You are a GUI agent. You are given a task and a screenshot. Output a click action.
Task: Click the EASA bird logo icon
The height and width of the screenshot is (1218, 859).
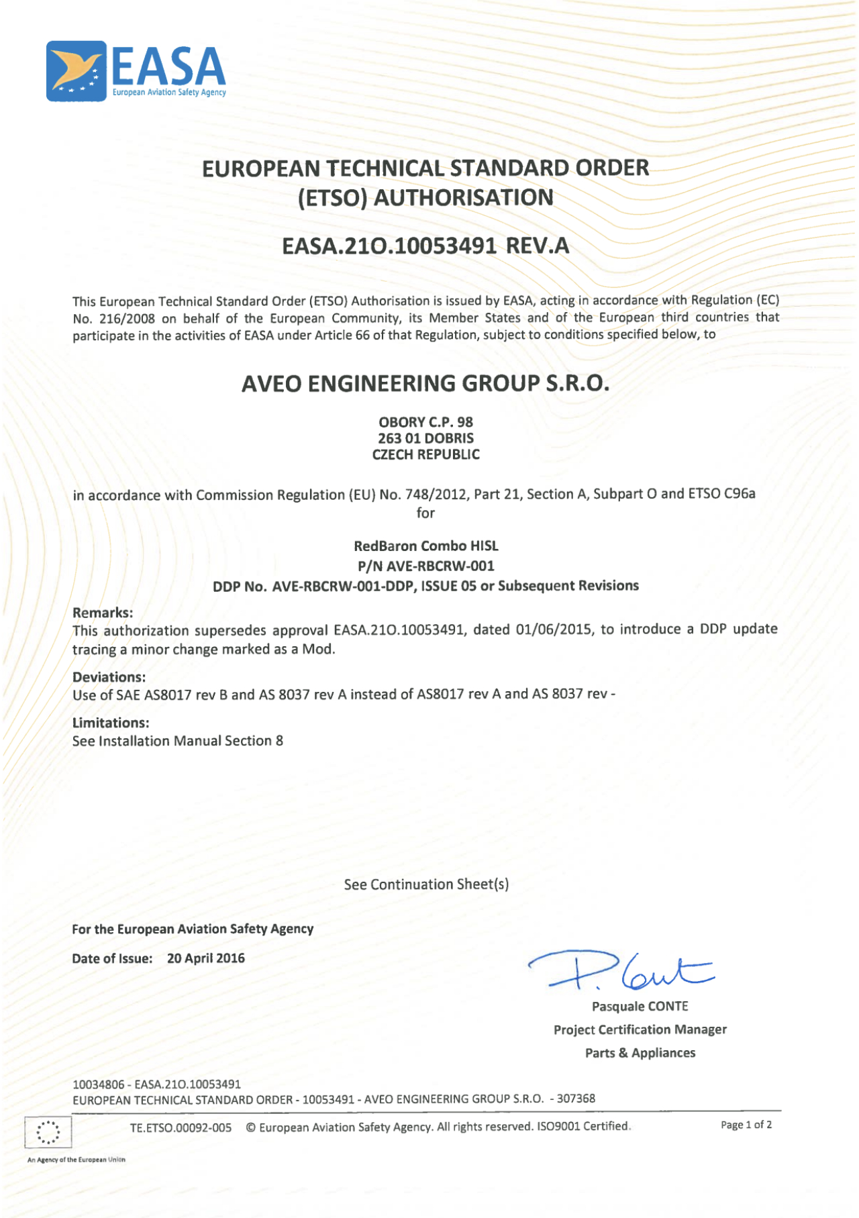click(76, 71)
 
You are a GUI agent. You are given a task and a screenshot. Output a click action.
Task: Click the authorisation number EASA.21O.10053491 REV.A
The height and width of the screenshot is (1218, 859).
click(425, 246)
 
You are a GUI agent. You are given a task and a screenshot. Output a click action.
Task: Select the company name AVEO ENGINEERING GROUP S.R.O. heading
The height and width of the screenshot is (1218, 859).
click(425, 383)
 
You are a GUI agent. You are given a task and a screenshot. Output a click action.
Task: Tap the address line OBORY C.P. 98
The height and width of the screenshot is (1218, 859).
click(425, 422)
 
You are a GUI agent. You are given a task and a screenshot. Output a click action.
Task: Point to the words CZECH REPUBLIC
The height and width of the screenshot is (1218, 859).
click(425, 454)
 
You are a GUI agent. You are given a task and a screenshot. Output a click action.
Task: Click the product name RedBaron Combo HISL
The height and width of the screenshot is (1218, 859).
click(425, 546)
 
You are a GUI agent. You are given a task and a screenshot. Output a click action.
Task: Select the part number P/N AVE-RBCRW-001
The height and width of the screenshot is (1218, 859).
click(425, 566)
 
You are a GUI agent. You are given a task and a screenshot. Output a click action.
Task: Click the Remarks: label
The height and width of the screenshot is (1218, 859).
click(103, 613)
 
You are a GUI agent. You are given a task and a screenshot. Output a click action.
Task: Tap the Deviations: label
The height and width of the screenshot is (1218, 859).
click(109, 677)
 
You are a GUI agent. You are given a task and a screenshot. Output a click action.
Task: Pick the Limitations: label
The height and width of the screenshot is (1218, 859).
click(111, 723)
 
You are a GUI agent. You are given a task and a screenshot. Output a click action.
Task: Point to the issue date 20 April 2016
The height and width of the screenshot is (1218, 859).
click(205, 958)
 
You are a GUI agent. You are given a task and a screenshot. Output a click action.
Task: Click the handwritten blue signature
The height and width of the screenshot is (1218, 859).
click(621, 970)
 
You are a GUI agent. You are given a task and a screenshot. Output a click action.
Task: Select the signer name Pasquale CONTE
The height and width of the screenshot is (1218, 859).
click(640, 1007)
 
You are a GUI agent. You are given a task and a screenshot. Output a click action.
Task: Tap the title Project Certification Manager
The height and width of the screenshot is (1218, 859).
click(640, 1029)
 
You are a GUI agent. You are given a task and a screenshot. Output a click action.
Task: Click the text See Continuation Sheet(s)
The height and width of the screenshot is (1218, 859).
click(426, 884)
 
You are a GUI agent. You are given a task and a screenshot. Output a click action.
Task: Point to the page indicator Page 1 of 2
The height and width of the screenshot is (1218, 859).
click(746, 1125)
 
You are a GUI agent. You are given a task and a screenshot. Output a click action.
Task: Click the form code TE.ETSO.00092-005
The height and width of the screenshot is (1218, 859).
click(181, 1127)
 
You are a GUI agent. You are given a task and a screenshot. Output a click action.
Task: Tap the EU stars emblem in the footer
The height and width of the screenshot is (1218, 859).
click(48, 1133)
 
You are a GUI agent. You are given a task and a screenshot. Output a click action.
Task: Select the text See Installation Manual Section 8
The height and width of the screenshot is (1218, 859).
click(178, 741)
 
